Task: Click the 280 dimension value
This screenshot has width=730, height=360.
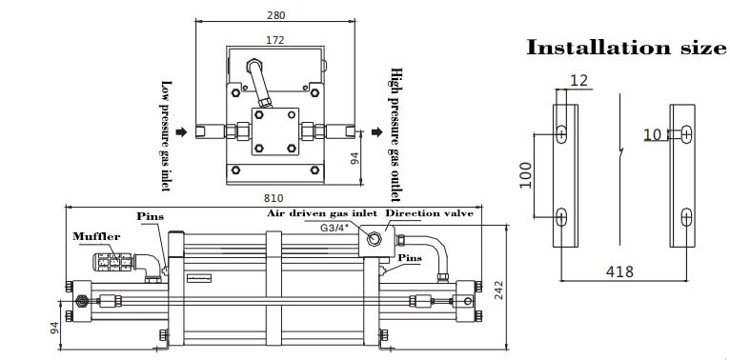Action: tap(275, 15)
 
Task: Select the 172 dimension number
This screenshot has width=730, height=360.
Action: tap(274, 40)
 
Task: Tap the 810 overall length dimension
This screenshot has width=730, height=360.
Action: tap(274, 199)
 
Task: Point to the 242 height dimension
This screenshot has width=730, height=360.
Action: tap(498, 290)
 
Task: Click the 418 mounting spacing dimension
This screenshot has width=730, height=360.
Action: tap(619, 271)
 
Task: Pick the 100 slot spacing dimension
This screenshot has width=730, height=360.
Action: tap(526, 175)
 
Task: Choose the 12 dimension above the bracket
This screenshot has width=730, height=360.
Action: tap(578, 80)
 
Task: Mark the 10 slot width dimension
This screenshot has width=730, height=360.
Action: tap(652, 135)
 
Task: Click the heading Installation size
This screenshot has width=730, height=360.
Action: tap(626, 48)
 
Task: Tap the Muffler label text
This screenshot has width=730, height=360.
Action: tap(96, 237)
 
